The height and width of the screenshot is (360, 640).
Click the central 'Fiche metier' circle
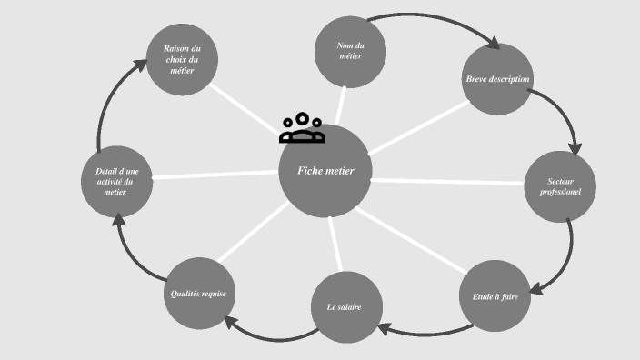(x=325, y=171)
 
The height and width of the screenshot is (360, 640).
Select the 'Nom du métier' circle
(x=349, y=51)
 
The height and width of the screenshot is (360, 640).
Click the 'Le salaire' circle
(x=344, y=307)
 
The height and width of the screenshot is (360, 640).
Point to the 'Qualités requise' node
(x=198, y=294)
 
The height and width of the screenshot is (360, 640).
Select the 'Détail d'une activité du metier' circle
(x=117, y=182)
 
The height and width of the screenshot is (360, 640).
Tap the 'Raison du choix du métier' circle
(x=182, y=60)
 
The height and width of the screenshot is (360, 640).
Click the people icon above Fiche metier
(x=302, y=129)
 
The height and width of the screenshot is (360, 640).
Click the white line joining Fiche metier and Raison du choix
(x=245, y=107)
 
